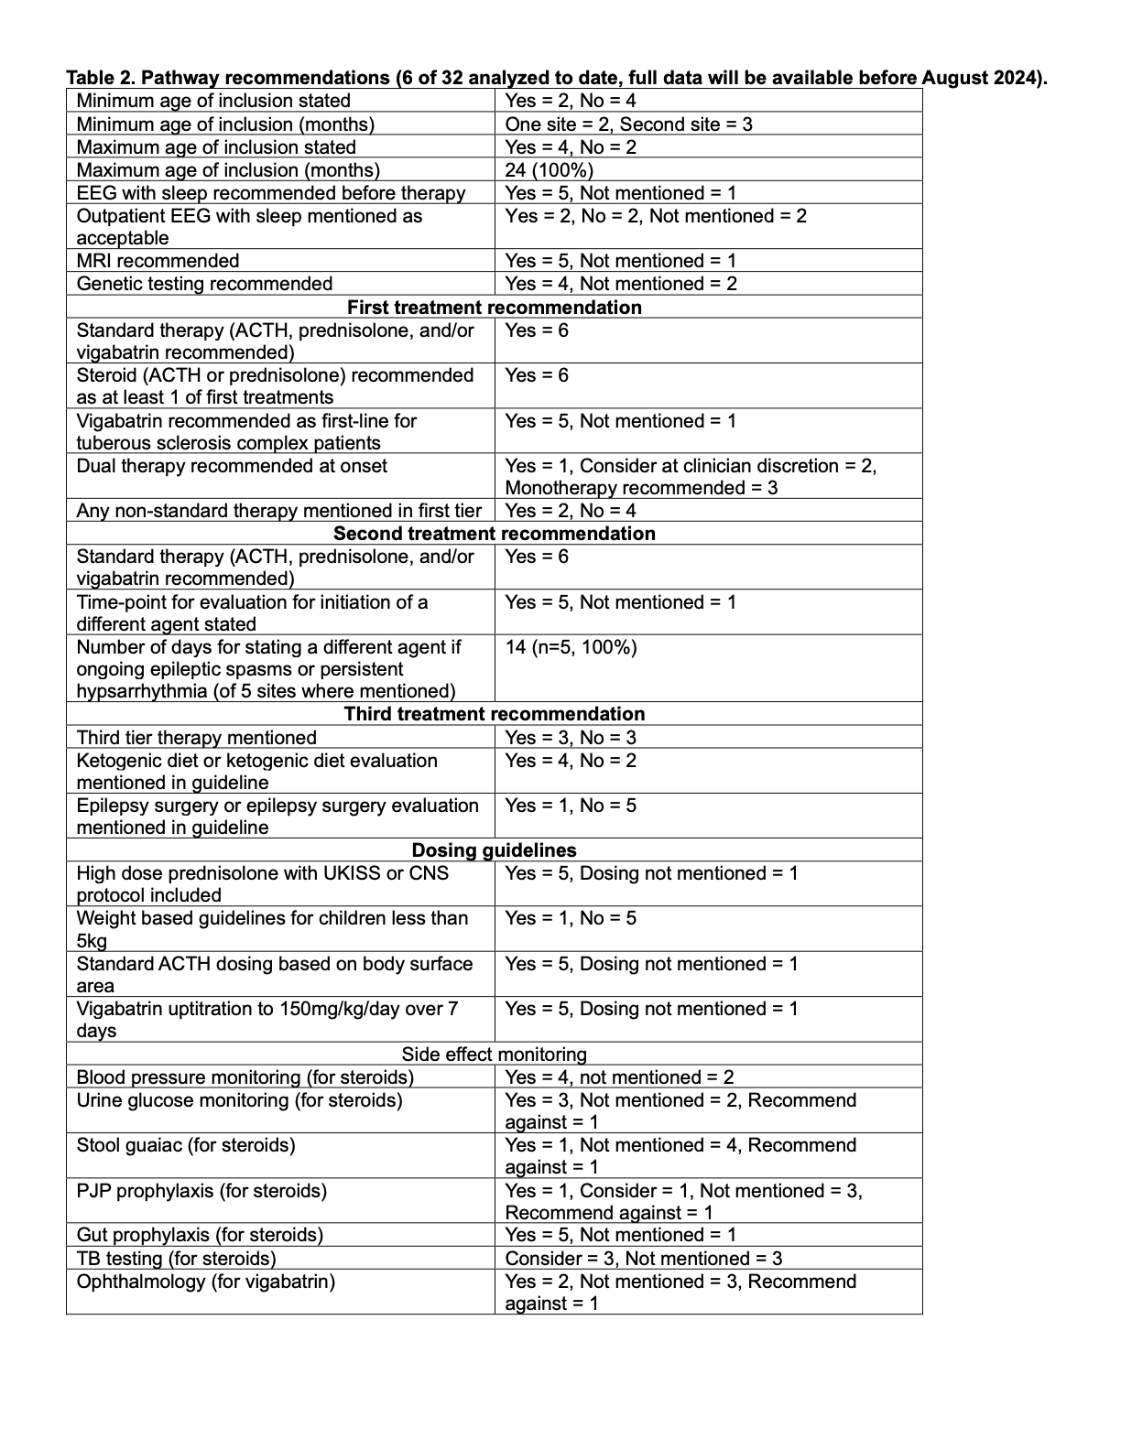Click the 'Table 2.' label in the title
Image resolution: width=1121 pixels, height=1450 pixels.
pos(101,78)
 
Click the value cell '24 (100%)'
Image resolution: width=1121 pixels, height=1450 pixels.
pos(549,170)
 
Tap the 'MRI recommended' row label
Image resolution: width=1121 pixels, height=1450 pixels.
pos(158,261)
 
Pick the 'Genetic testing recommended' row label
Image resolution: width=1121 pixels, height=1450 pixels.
pos(204,284)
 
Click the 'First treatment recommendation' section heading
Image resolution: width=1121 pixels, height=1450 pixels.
pos(494,308)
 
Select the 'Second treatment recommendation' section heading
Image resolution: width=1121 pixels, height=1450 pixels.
pos(494,534)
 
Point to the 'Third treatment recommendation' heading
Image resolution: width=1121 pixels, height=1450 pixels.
pos(494,714)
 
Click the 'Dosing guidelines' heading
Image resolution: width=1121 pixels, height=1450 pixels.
pos(494,850)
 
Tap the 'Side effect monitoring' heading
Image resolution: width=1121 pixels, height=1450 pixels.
pos(494,1055)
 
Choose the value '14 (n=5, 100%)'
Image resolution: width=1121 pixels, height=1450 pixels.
pos(571,648)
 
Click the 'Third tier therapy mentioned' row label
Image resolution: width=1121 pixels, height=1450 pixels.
pos(196,738)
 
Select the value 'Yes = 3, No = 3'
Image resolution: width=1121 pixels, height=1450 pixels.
pos(571,738)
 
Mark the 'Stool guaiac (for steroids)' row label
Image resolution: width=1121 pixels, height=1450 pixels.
pos(186,1146)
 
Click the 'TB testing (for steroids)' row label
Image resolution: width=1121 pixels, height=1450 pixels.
pos(176,1259)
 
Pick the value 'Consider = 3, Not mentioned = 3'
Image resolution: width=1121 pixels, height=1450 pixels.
pos(643,1259)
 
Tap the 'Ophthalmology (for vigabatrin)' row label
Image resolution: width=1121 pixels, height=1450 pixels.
pos(205,1282)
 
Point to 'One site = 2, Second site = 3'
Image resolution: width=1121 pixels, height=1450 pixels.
pos(628,124)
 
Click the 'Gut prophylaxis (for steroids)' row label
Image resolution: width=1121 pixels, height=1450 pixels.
pos(200,1235)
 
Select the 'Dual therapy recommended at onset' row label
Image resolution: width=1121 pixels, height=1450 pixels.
pos(232,466)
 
